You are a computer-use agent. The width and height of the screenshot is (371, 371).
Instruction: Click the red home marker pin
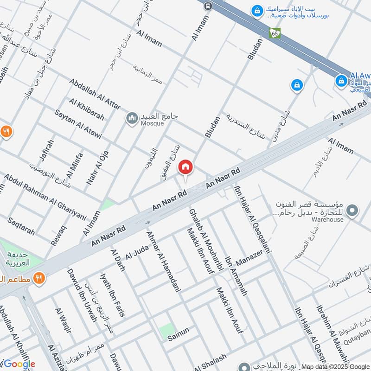[185, 167]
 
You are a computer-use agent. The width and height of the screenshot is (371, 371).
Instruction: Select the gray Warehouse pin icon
[352, 211]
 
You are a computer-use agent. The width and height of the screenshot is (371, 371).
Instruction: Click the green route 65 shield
[275, 33]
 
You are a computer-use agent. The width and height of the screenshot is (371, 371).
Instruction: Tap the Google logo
[19, 364]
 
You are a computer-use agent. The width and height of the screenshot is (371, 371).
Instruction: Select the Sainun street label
[179, 331]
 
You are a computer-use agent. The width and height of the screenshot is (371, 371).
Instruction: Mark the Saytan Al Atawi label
[78, 125]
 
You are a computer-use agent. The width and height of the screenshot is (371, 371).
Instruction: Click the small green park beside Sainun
[166, 331]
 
